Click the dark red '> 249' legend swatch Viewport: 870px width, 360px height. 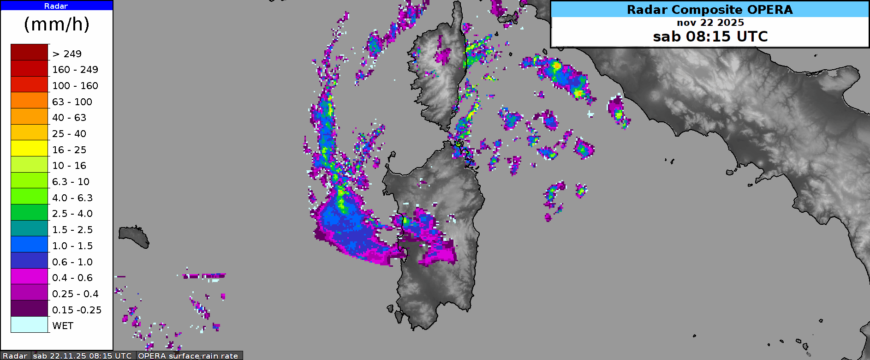[x=30, y=52]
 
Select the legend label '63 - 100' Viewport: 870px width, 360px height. [x=72, y=102]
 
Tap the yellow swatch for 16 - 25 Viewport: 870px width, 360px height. [x=30, y=149]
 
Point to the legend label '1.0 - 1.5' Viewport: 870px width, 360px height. [x=72, y=246]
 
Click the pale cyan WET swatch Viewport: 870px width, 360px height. [x=30, y=324]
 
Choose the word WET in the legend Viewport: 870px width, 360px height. [x=63, y=326]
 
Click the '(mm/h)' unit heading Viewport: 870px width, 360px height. [x=57, y=24]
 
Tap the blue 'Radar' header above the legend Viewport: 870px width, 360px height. [x=56, y=6]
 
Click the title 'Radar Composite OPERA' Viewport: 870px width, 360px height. [x=709, y=10]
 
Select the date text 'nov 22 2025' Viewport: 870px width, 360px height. [x=710, y=23]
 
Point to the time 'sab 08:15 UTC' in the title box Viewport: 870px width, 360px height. [x=710, y=36]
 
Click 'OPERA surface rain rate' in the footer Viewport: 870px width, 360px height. [x=188, y=356]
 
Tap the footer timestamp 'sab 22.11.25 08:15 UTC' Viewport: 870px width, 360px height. [x=82, y=356]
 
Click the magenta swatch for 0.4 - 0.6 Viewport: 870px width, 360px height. [x=30, y=276]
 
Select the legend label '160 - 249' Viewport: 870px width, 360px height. [x=75, y=70]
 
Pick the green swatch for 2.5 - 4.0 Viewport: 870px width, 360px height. [x=30, y=212]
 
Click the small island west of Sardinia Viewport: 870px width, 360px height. [x=134, y=236]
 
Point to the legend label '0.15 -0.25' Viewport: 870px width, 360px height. [x=77, y=310]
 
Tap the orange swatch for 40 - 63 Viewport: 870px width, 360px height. [x=30, y=116]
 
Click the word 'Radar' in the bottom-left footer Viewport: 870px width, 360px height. [x=15, y=356]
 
